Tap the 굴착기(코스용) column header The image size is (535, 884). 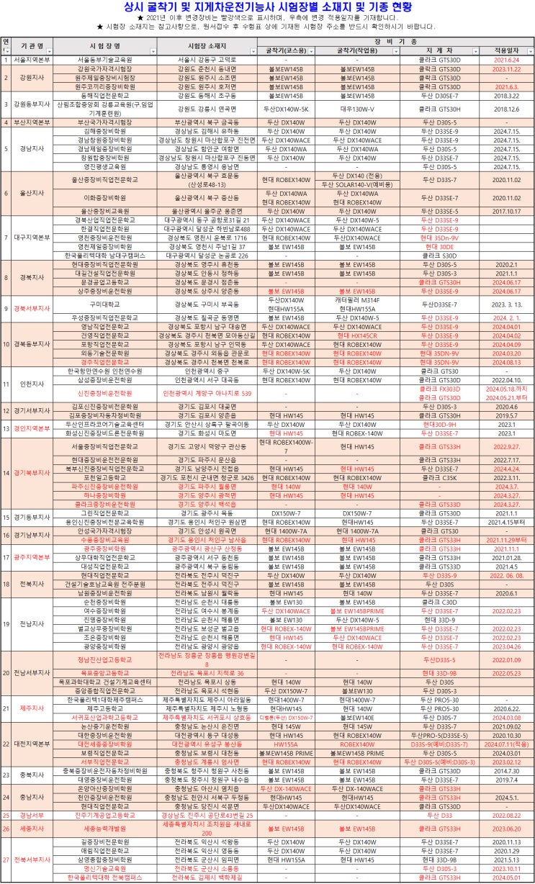click(x=286, y=51)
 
